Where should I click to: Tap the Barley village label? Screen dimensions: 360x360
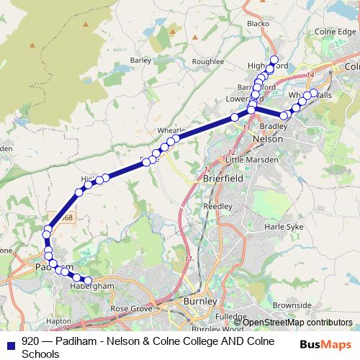[140, 60]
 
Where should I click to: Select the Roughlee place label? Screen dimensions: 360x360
[209, 62]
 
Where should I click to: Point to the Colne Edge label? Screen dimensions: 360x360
[336, 32]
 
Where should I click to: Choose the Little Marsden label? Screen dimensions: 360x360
[251, 159]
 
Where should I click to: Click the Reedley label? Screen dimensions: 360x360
[217, 206]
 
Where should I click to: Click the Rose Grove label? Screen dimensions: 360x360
[130, 308]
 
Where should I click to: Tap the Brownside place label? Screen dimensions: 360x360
[292, 305]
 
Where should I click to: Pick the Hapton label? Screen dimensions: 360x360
[58, 321]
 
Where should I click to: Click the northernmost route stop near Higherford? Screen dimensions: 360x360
[274, 59]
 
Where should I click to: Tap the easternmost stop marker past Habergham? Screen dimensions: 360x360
[89, 281]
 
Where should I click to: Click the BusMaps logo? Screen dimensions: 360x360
[325, 344]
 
